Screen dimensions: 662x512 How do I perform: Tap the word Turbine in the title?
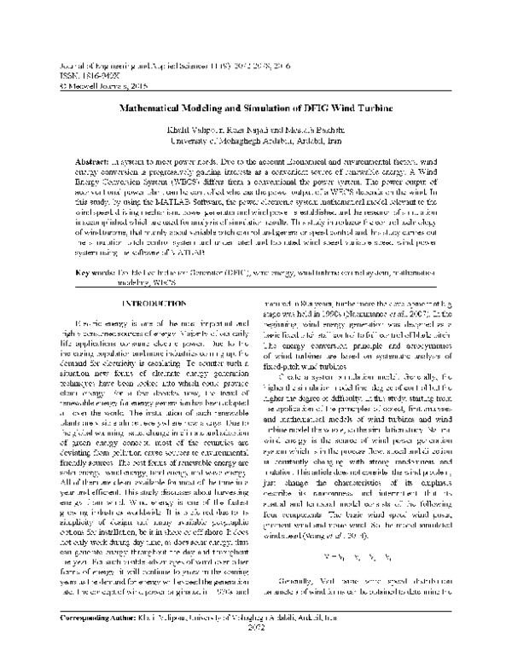click(x=383, y=110)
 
